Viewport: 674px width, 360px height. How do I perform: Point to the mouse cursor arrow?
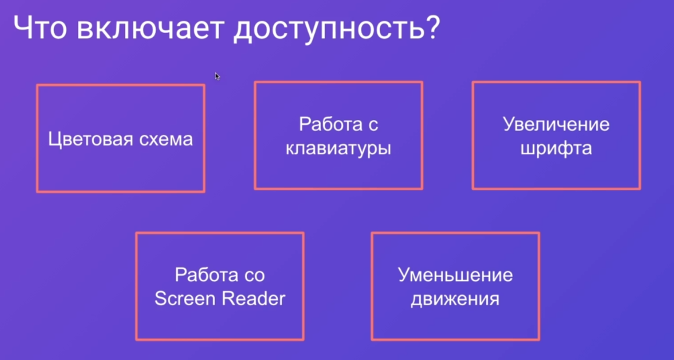[217, 76]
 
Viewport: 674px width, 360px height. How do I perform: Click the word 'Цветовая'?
[91, 140]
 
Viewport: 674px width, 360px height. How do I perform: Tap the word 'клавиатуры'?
[338, 149]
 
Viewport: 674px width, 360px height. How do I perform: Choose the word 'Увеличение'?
[556, 124]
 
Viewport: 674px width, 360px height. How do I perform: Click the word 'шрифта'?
[556, 148]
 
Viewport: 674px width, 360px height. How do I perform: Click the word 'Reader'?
[253, 298]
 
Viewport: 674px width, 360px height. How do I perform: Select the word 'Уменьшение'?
[455, 275]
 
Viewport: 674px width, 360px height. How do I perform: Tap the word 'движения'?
[455, 300]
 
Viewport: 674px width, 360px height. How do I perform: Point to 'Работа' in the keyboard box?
[331, 124]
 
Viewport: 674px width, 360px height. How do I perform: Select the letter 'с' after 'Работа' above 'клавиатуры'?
[373, 125]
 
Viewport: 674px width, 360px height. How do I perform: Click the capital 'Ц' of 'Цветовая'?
[55, 140]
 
